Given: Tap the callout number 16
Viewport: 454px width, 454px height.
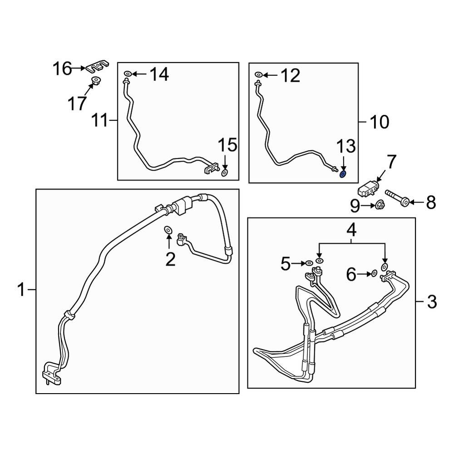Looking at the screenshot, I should [x=62, y=69].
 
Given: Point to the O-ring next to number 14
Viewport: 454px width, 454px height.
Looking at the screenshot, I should [x=127, y=74].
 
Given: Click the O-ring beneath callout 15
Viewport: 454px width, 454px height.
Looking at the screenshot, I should [x=225, y=173].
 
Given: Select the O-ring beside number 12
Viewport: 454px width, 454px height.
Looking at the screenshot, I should [x=258, y=74].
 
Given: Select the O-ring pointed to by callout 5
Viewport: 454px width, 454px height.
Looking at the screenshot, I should [x=309, y=263].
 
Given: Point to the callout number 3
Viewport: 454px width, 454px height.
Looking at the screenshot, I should [x=431, y=301].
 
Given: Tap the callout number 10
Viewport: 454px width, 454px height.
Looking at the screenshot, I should [x=379, y=122].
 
